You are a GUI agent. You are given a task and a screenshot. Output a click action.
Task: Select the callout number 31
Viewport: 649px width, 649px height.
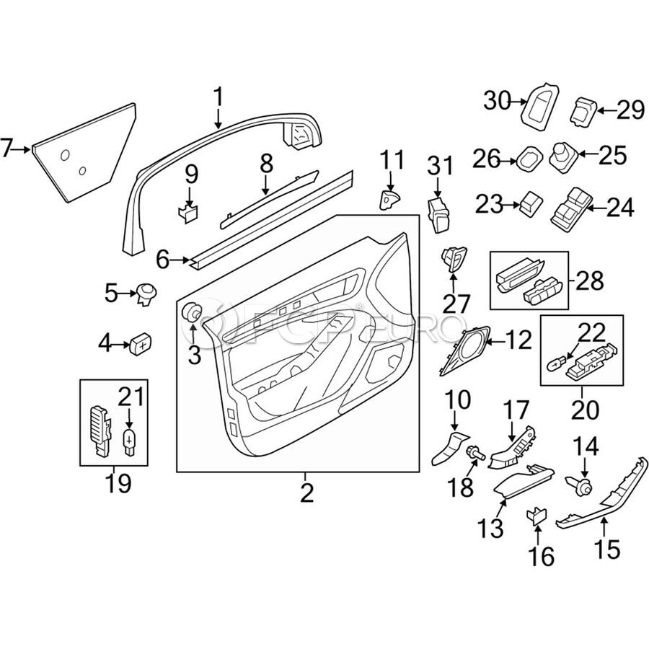point(441,166)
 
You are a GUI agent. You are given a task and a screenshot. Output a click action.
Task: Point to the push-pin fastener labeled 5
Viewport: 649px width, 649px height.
point(146,294)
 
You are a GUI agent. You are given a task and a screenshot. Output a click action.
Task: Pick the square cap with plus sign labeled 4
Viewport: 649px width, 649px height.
point(141,343)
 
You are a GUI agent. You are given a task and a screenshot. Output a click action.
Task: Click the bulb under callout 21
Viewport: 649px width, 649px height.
point(130,441)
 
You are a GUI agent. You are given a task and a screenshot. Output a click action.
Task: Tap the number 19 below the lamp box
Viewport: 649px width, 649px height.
point(119,482)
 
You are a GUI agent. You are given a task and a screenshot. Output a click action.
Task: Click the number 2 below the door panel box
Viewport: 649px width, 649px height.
point(306,492)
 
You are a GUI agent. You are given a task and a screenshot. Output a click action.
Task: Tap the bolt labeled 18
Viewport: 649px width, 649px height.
point(475,454)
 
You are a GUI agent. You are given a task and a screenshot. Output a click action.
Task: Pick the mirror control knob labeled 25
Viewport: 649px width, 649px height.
point(562,157)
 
